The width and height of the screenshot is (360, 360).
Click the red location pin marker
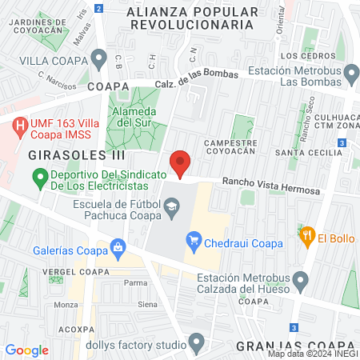click(180, 162)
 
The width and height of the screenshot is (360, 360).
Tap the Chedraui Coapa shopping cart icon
click(193, 239)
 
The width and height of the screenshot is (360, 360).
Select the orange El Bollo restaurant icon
click(306, 237)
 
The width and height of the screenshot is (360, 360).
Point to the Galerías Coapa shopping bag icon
click(118, 248)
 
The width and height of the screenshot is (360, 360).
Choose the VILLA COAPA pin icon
click(99, 58)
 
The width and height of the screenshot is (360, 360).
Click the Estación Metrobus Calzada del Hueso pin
click(301, 280)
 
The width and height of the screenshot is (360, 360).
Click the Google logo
click(26, 350)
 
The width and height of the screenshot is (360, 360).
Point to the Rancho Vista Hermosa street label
click(270, 186)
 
